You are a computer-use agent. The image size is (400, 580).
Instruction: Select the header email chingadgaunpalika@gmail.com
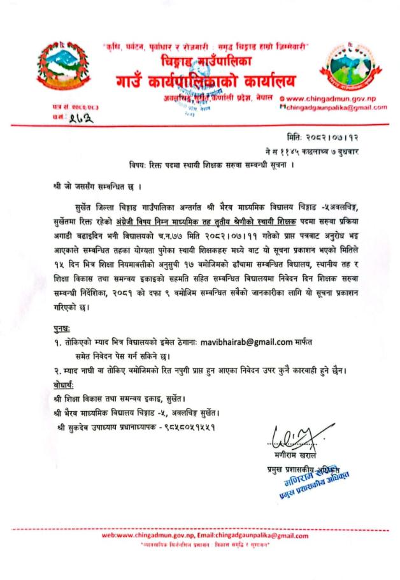pyautogui.click(x=336, y=108)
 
